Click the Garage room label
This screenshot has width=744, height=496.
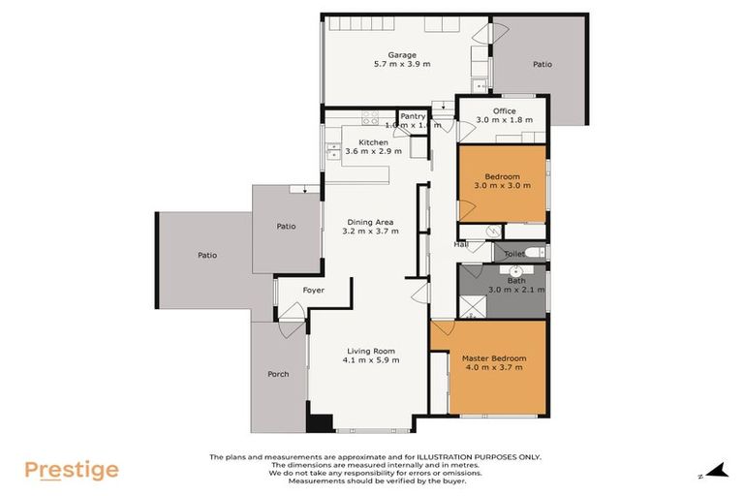click(402, 55)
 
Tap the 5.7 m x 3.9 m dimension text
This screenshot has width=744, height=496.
click(402, 65)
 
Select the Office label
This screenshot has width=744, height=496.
click(504, 111)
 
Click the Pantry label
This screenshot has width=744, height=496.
click(413, 116)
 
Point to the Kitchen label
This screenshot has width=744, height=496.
click(373, 142)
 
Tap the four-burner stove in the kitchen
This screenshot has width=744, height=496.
click(370, 119)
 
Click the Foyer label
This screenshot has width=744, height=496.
click(313, 290)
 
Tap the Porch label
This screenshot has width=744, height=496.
click(278, 374)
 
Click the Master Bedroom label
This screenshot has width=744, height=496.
click(492, 357)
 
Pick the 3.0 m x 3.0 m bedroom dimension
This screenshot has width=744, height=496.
click(502, 186)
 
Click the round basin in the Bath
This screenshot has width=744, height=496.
click(517, 270)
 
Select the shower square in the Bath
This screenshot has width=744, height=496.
click(473, 305)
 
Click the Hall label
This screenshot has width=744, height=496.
click(461, 245)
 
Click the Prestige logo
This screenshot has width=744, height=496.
click(71, 471)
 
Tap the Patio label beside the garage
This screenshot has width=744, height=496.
click(542, 65)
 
